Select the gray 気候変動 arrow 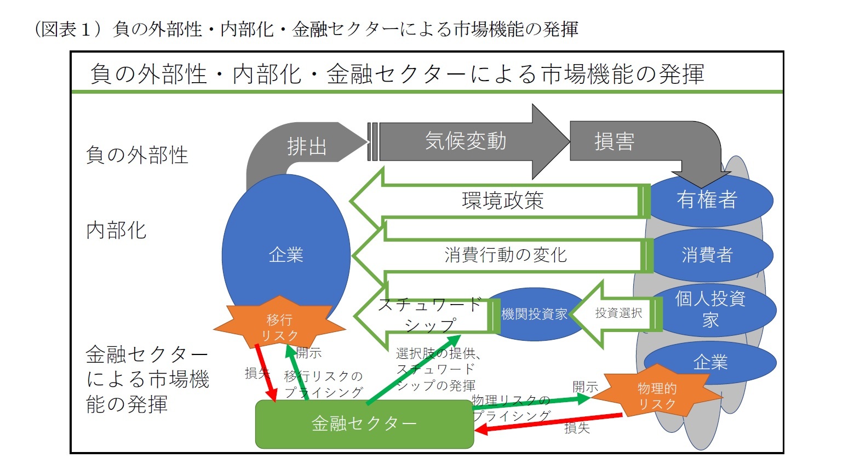(x=466, y=141)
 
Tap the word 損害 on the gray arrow (x=614, y=141)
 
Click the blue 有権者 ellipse (x=707, y=199)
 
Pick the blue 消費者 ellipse (x=707, y=255)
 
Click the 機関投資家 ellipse (x=534, y=314)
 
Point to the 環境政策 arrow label (x=502, y=201)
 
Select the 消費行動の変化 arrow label (x=505, y=255)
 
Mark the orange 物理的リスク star (x=657, y=396)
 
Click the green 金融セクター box (x=364, y=424)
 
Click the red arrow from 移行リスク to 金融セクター (x=266, y=373)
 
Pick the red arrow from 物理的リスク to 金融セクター (x=548, y=423)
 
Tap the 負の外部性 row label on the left (x=137, y=155)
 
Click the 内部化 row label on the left (x=116, y=231)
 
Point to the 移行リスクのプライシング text (x=324, y=384)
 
